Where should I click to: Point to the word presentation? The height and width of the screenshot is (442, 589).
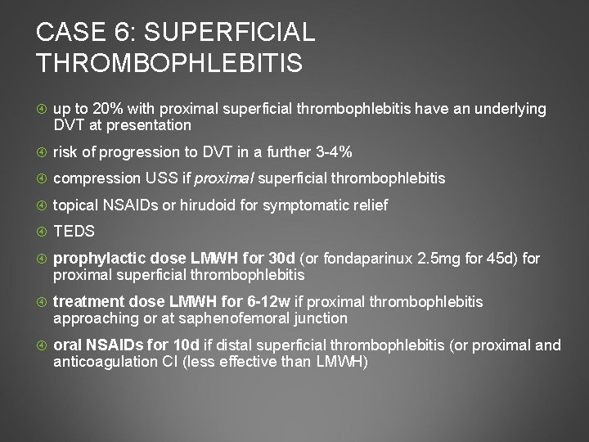[x=153, y=125]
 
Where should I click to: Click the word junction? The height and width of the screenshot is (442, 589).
[x=320, y=318]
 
